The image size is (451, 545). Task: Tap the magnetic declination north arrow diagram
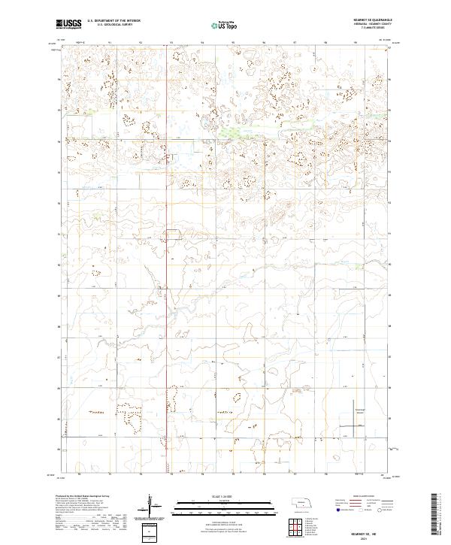click(x=150, y=506)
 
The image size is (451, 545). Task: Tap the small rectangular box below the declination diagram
click(x=150, y=531)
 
